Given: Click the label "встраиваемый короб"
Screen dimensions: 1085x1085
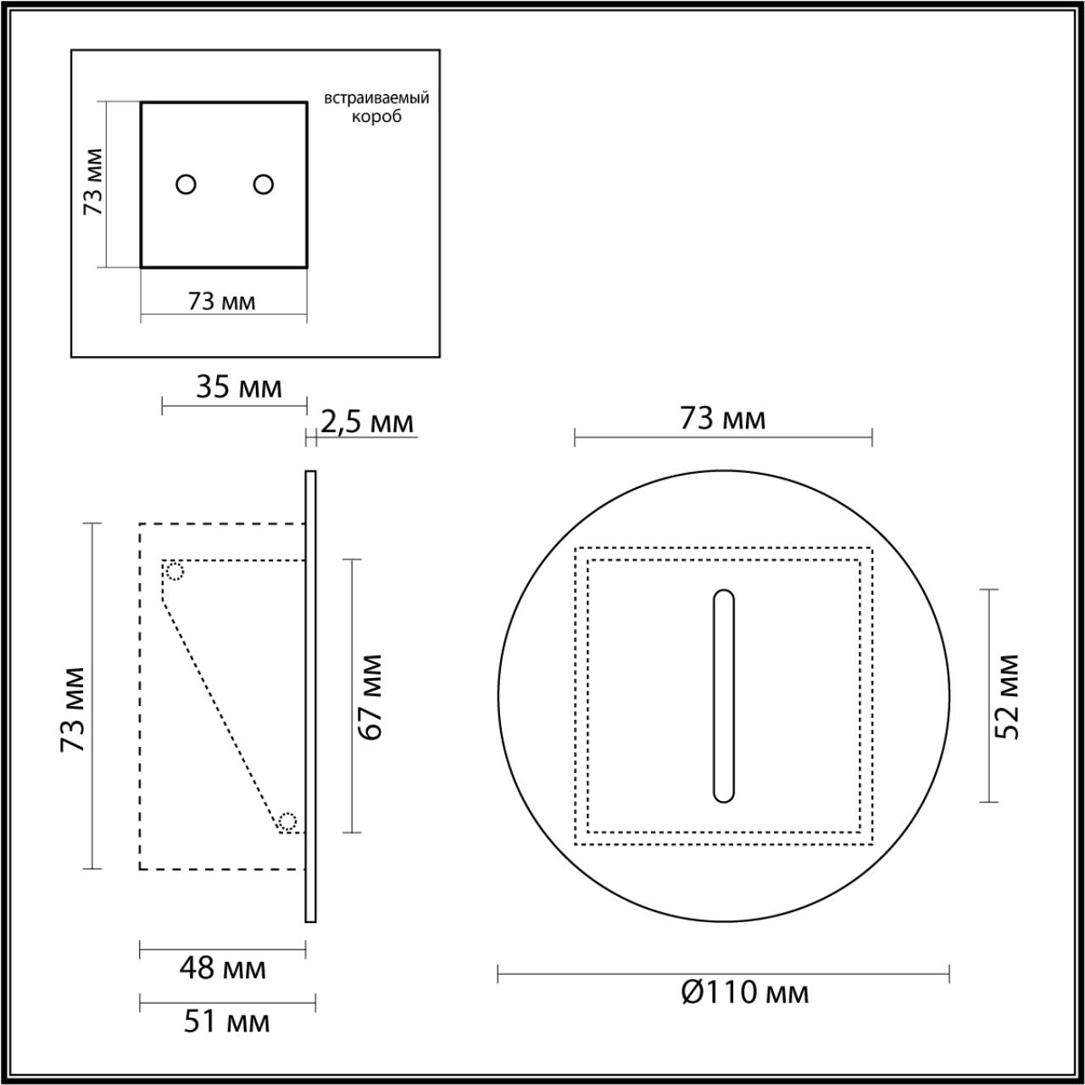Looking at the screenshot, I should (x=376, y=107).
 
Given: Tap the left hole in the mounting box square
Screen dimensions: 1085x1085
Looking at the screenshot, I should (x=186, y=184).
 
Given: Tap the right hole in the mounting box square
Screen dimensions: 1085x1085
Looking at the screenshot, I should (x=264, y=184).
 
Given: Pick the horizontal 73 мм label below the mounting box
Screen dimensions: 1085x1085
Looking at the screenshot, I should (x=221, y=301).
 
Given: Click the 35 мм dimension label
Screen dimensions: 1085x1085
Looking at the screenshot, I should (x=238, y=387).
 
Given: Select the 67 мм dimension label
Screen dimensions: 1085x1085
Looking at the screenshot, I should (x=370, y=697).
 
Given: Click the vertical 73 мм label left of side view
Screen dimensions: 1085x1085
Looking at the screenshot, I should (x=73, y=709).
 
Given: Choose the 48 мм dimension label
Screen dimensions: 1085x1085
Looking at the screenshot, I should (x=223, y=968).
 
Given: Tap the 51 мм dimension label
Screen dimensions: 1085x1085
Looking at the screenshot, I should (x=226, y=1021).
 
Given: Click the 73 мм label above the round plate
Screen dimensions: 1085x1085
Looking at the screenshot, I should (x=722, y=418).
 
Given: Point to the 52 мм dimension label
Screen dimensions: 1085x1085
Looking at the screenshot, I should (x=1006, y=696).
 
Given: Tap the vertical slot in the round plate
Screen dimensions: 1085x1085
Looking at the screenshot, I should (x=724, y=696).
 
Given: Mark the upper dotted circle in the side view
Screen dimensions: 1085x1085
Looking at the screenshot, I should (x=175, y=571).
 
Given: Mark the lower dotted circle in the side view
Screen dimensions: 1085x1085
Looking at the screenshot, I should (x=288, y=821).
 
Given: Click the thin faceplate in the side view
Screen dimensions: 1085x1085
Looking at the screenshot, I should (x=310, y=696).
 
